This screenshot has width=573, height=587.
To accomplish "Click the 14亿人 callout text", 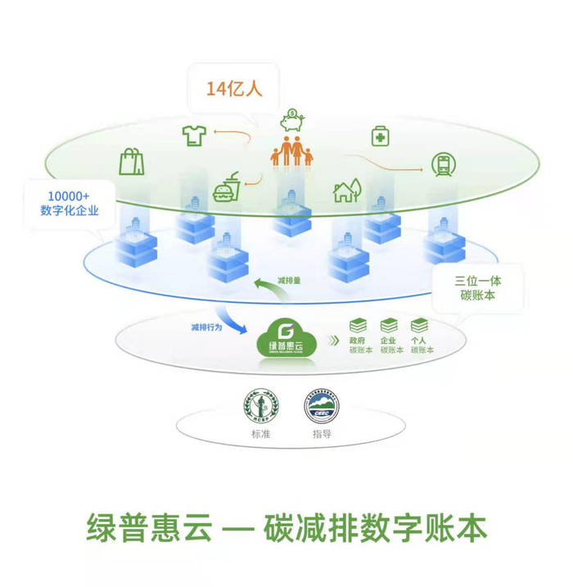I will point(234,89).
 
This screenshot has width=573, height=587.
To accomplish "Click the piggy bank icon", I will point(291,121).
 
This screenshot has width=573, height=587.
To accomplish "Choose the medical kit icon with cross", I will point(381,135).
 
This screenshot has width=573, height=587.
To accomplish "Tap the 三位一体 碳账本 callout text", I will point(477,287).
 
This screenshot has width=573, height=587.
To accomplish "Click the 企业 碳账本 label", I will point(389,344).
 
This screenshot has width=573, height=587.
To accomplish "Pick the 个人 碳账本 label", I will point(421,344).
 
